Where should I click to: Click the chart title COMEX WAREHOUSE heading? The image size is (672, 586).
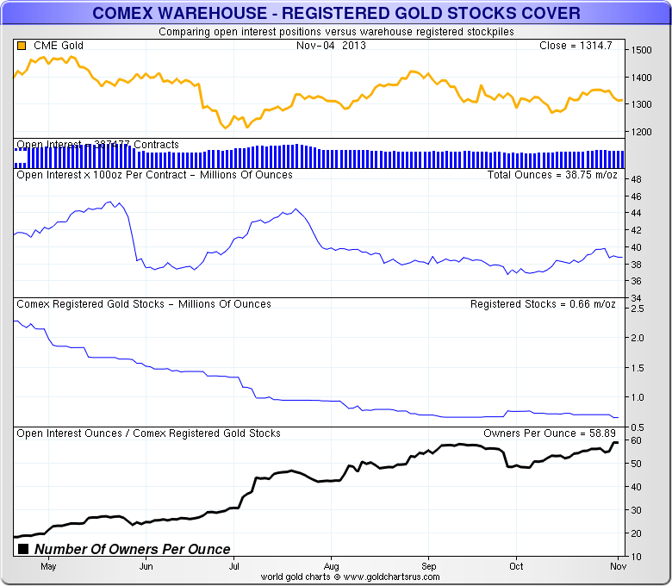336,14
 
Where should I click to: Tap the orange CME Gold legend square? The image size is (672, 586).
21,46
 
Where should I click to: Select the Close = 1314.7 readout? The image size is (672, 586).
575,46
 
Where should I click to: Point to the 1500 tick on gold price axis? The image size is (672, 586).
642,51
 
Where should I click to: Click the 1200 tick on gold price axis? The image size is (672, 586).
642,132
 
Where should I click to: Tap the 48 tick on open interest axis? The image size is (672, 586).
636,180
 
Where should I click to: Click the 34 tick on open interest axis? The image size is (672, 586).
636,298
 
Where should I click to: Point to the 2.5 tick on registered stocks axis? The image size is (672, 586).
638,309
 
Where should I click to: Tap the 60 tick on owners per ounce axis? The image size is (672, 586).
636,440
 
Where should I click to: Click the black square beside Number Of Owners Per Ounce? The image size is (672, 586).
23,549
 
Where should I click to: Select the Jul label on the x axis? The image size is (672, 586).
233,566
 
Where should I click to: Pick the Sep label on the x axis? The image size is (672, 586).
428,566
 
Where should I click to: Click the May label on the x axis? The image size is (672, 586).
48,566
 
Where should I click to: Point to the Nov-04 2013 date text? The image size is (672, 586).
331,46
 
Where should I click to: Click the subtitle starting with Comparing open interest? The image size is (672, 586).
336,32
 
